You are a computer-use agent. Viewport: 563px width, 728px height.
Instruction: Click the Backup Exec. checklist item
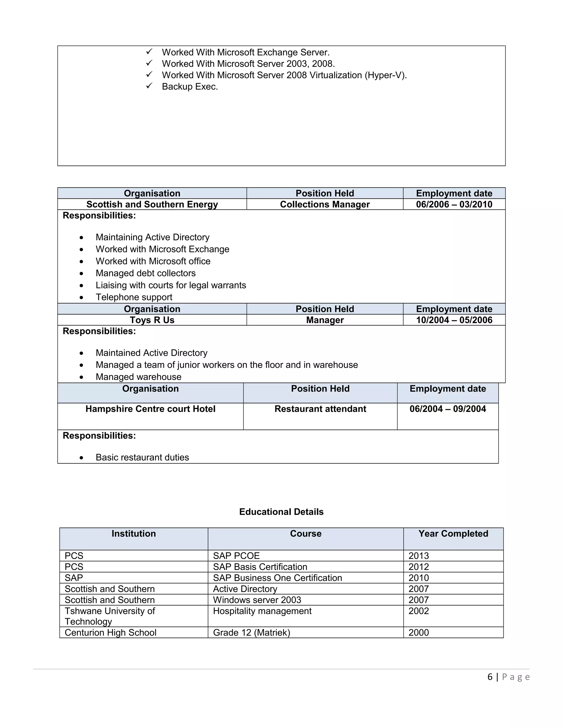pos(189,87)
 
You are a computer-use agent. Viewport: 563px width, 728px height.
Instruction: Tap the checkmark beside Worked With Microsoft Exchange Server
pos(149,52)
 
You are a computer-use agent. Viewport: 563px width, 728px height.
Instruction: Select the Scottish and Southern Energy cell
pos(152,204)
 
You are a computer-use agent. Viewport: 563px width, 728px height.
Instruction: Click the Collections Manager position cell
pos(325,204)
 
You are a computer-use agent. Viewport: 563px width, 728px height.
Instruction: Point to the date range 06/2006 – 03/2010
pos(454,204)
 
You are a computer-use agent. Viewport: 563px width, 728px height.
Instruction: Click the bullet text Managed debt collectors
pos(145,273)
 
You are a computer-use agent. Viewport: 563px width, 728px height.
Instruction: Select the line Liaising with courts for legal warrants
pos(171,285)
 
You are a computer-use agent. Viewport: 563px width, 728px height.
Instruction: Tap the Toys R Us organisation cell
pos(152,320)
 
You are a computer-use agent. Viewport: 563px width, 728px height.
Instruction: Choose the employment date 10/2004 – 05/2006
pos(454,320)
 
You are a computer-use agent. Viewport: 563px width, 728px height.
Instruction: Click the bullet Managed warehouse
pos(139,377)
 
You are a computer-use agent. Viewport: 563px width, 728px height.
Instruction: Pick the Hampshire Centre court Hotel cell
pos(150,409)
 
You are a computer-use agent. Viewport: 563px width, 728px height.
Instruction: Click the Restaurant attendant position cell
pos(320,409)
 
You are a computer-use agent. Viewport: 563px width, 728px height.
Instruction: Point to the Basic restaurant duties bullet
pos(142,457)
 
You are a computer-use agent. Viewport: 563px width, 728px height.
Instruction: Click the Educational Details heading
pos(281,512)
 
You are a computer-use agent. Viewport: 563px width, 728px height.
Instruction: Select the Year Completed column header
pos(453,534)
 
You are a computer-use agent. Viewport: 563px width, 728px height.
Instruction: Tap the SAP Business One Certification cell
pos(277,578)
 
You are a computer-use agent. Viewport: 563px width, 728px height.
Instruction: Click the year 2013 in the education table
pos(419,556)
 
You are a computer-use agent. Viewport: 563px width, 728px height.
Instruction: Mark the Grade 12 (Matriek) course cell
pos(252,633)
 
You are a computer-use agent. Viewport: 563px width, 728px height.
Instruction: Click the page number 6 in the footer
pos(490,677)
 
